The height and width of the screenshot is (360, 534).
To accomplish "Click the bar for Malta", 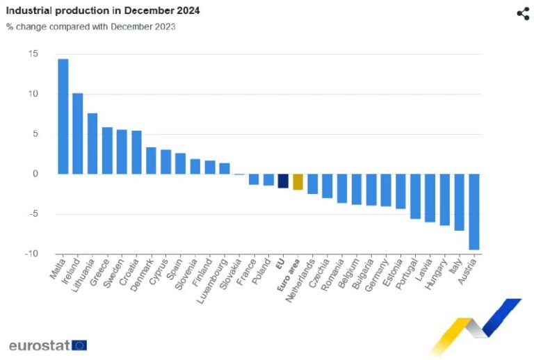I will coord(63,116).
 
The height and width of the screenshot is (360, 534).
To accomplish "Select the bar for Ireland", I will coord(77,133).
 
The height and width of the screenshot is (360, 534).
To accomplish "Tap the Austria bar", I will coord(475,211).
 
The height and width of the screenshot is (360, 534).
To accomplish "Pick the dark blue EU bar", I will coord(283,181).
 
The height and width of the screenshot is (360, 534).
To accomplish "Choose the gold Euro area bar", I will coord(298,181).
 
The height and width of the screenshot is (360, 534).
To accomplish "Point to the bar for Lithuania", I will coord(92,143).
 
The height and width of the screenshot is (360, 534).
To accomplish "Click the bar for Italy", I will coord(460,202).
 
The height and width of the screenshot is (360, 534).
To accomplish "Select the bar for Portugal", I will coord(415,196).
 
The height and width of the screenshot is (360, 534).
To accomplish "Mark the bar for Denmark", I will coord(151,161).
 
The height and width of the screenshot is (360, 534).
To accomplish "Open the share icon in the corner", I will coord(523,14).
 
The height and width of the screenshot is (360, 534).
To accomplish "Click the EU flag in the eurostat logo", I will coord(79,345).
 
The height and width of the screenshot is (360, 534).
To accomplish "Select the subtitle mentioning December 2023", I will coord(91,27).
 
